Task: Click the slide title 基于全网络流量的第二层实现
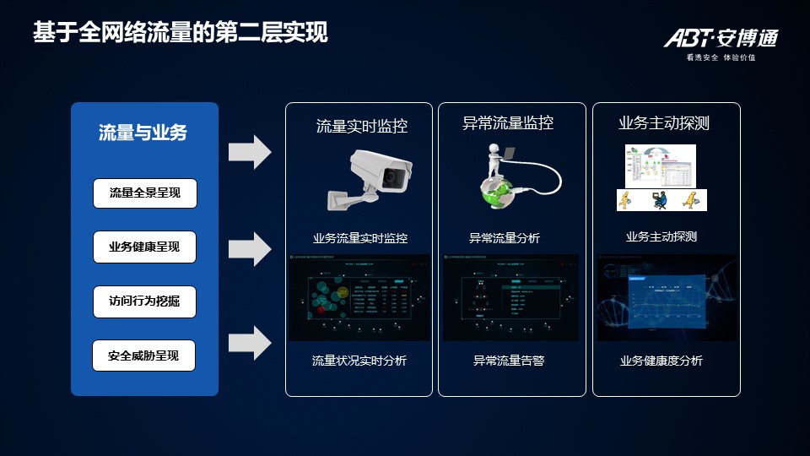point(180,33)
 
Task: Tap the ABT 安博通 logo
point(720,38)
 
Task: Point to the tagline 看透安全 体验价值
point(721,58)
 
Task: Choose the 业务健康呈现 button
point(144,247)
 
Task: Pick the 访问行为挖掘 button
point(144,301)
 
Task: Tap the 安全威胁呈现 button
point(144,356)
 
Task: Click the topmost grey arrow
point(250,152)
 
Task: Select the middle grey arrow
point(250,248)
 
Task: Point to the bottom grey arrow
point(250,343)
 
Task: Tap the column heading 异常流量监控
point(508,123)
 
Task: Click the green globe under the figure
point(499,192)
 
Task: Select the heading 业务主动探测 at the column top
point(664,123)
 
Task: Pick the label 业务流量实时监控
point(360,239)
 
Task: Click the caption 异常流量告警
point(509,361)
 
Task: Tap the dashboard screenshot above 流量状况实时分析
point(360,297)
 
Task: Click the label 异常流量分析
point(505,239)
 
